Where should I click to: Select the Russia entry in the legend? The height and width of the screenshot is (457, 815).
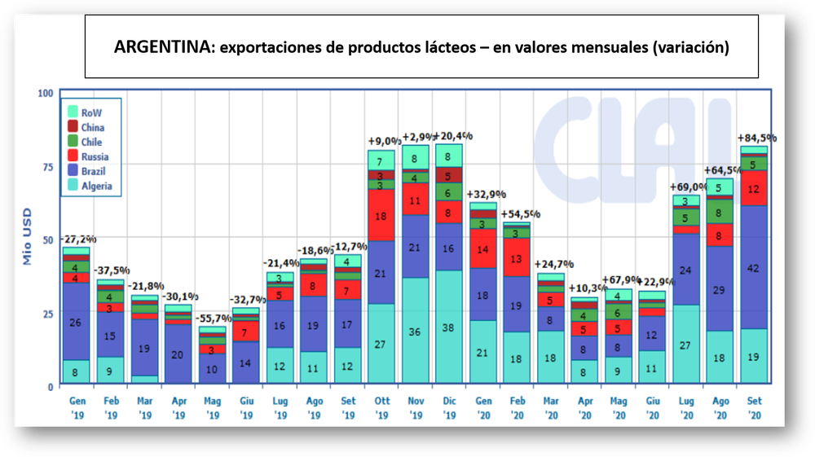point(95,156)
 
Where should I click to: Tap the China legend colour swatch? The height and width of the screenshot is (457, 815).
point(73,127)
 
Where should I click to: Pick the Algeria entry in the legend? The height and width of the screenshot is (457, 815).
point(96,186)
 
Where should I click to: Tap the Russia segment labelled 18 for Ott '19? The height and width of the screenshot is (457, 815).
point(380,216)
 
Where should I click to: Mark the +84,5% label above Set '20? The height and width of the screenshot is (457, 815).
point(756,138)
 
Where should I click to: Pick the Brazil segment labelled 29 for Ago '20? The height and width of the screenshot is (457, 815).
point(719,289)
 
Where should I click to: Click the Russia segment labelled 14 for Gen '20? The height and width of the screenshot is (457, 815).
point(482,248)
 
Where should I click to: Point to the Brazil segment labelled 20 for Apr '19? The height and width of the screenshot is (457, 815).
point(178,354)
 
